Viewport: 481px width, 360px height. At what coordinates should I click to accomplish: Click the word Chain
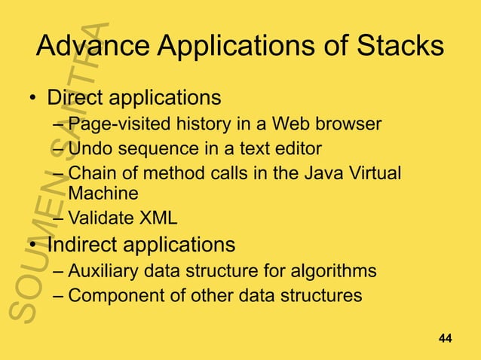tap(90, 172)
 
